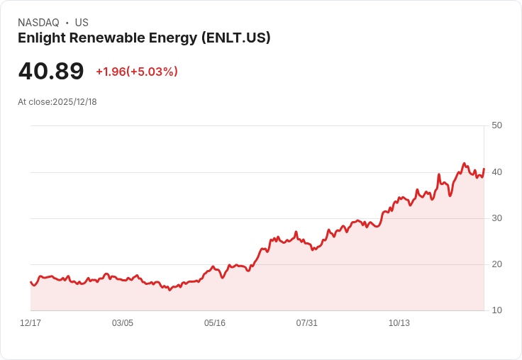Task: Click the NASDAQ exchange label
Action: click(38, 23)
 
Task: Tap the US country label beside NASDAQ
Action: click(82, 23)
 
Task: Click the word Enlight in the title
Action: click(40, 38)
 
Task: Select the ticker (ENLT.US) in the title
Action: click(235, 38)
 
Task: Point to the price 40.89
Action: click(51, 71)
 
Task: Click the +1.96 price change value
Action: click(111, 72)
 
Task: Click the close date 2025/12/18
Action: click(74, 102)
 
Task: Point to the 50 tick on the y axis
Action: click(496, 125)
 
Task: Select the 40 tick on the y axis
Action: click(496, 171)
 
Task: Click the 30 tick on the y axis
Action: click(496, 218)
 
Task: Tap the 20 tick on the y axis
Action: click(496, 264)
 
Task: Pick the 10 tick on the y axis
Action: click(496, 310)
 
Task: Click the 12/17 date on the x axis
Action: click(30, 323)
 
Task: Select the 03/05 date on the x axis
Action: click(123, 323)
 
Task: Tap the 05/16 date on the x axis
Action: click(215, 323)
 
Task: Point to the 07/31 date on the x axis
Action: click(307, 323)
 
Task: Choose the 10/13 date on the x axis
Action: click(399, 323)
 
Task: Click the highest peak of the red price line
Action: click(464, 163)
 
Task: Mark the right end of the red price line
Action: click(484, 169)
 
